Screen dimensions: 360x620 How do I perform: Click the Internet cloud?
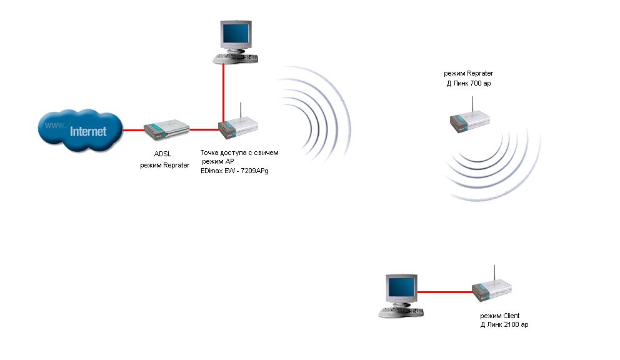pyautogui.click(x=79, y=131)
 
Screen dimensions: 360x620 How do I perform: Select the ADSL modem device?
pyautogui.click(x=166, y=130)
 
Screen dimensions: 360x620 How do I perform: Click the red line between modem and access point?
pyautogui.click(x=204, y=129)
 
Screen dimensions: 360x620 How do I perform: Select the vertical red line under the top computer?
pyautogui.click(x=223, y=94)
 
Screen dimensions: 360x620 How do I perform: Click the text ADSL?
pyautogui.click(x=162, y=154)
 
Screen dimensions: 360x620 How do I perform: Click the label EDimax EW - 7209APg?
pyautogui.click(x=240, y=170)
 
